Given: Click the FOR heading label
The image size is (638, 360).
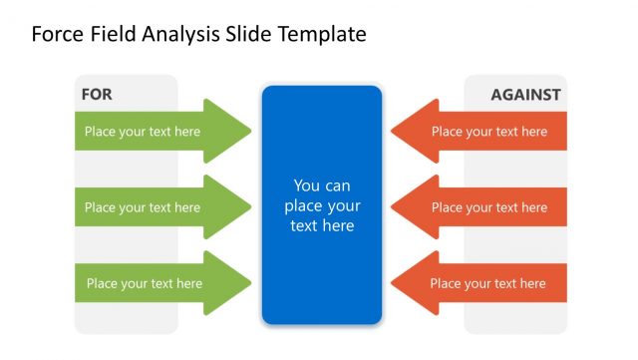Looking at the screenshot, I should click(x=97, y=95).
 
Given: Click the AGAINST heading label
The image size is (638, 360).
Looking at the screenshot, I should click(x=525, y=96).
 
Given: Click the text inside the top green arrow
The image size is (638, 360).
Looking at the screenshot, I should click(x=143, y=132).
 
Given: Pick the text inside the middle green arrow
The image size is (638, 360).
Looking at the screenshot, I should click(x=143, y=208).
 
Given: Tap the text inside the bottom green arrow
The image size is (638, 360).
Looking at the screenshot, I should click(x=145, y=284).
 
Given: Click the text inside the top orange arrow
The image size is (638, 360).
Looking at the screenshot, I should click(x=489, y=132).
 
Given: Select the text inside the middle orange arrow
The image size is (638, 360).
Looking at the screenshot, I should click(x=489, y=208).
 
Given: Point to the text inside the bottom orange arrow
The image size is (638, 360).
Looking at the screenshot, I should click(x=488, y=284).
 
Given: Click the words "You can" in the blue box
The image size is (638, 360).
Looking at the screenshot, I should click(x=322, y=185).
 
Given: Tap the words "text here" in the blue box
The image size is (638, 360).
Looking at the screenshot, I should click(x=322, y=226).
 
